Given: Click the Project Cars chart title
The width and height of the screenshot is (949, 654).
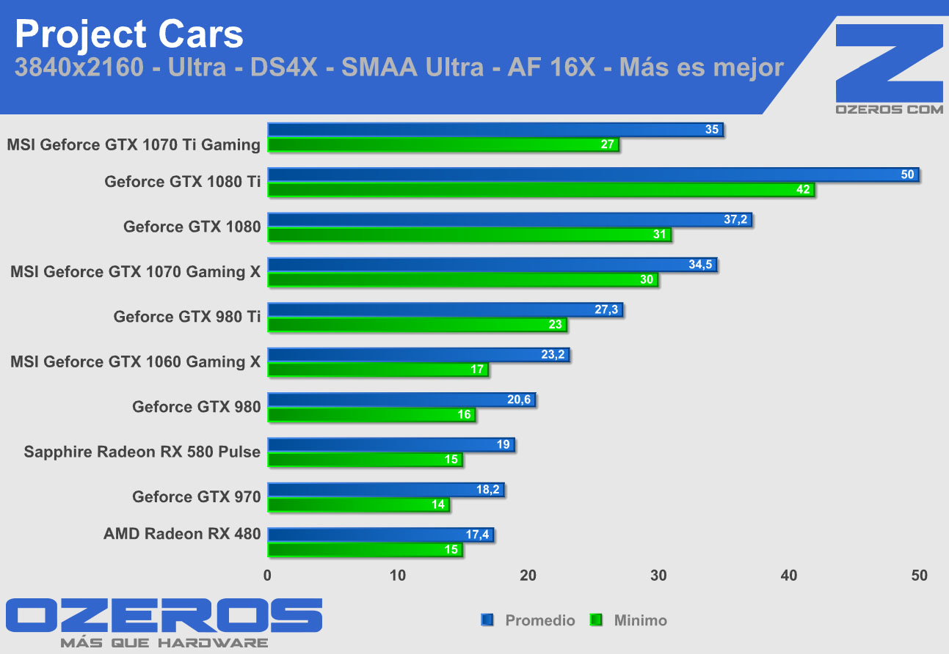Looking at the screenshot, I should click(128, 34).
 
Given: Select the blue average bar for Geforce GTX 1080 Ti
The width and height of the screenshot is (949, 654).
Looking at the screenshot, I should click(592, 174).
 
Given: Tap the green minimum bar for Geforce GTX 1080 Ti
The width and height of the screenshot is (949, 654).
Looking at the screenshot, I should click(541, 190).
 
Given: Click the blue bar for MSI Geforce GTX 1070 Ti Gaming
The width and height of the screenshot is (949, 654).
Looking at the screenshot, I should click(495, 130).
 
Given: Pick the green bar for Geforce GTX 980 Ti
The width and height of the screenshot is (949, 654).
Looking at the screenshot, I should click(417, 325).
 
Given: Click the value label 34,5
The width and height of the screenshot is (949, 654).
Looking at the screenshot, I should click(701, 265).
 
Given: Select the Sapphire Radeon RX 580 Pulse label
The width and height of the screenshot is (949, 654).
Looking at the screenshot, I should click(142, 452).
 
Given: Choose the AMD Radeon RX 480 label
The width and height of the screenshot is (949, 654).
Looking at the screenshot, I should click(182, 534).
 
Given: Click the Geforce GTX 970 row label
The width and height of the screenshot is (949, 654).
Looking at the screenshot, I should click(196, 496).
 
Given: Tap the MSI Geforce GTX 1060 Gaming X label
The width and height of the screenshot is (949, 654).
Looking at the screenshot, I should click(135, 361).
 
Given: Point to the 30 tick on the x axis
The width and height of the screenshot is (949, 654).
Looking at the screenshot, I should click(658, 576).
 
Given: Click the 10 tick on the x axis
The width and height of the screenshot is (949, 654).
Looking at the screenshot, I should click(397, 576).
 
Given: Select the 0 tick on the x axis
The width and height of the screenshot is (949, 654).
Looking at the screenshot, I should click(267, 576).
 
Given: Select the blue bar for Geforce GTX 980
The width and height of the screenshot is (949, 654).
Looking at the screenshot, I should click(401, 400).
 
